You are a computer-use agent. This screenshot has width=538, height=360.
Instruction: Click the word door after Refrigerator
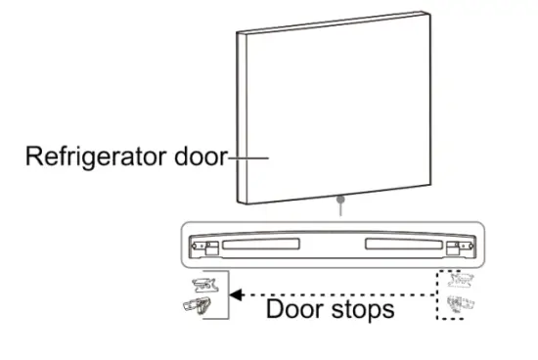click(201, 157)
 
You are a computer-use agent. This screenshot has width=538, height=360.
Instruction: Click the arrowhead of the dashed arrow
click(235, 292)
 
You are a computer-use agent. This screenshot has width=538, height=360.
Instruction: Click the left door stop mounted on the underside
click(208, 248)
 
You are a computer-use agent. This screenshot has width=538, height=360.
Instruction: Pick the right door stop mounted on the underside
click(452, 248)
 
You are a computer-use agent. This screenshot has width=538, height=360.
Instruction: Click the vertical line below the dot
click(339, 211)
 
